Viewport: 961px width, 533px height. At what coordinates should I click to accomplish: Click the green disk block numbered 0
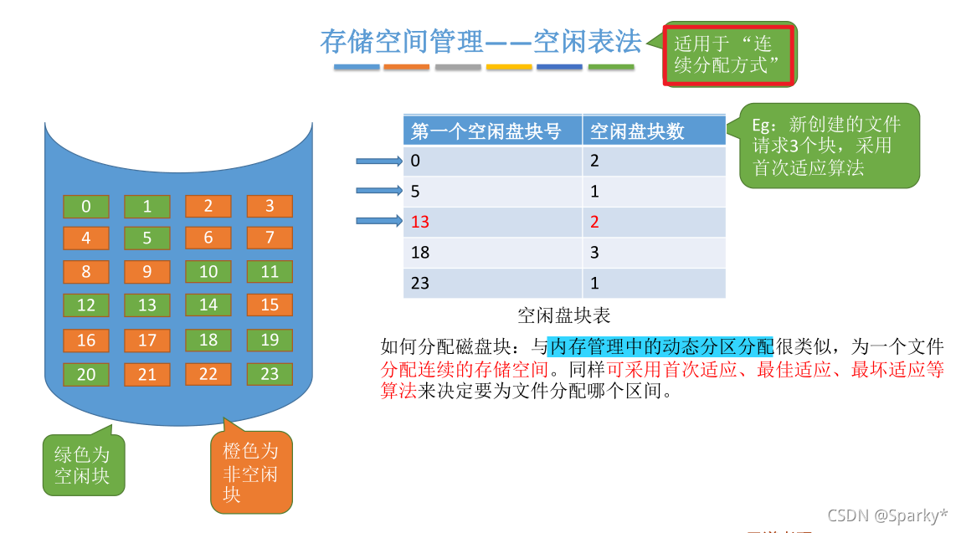[86, 207]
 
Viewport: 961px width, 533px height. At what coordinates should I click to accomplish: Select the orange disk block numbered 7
[270, 238]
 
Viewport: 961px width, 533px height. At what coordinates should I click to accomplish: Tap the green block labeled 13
[147, 305]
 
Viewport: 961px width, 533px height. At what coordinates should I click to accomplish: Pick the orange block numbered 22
[208, 374]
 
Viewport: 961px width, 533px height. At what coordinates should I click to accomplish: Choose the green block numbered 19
[270, 340]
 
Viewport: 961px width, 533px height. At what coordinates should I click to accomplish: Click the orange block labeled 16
[86, 340]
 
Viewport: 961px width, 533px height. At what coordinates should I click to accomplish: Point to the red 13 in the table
[420, 222]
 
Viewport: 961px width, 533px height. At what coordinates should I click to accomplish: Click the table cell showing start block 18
[492, 252]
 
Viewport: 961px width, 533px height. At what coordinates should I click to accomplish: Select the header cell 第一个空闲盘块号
[492, 131]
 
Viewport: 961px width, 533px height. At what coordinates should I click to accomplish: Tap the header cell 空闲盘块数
[654, 131]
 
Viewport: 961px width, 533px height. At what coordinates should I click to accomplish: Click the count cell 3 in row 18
[654, 252]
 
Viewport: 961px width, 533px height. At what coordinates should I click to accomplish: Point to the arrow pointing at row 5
[379, 191]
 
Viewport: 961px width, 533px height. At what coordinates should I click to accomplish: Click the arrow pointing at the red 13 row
[379, 222]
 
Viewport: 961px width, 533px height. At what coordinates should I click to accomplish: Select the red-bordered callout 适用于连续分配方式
[728, 54]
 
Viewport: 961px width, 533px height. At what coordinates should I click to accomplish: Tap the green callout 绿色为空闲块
[83, 465]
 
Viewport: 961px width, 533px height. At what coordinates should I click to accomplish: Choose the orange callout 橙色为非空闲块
[251, 473]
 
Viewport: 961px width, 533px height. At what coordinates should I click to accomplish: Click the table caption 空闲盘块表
[563, 315]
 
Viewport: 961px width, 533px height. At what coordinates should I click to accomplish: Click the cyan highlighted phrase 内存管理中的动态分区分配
[661, 346]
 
